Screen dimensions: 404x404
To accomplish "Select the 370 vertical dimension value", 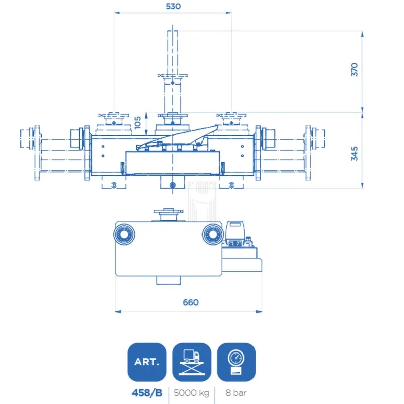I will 355,69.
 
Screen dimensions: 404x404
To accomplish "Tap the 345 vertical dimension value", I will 355,154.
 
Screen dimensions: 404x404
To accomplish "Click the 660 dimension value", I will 190,302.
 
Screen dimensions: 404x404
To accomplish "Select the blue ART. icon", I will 146,362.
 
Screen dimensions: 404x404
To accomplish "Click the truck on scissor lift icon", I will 191,362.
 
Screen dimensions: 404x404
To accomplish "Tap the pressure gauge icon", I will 236,362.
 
